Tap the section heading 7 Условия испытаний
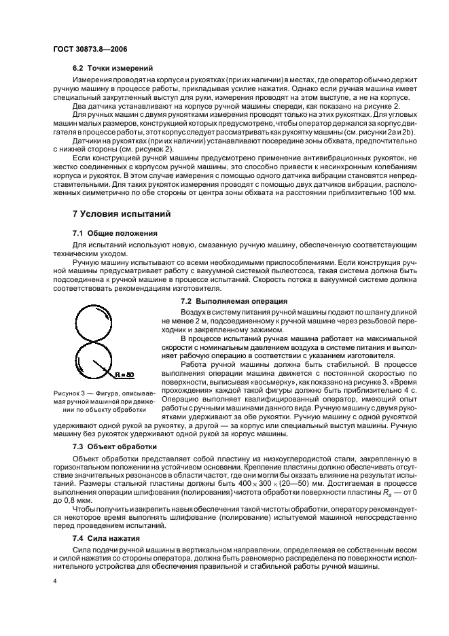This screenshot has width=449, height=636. (122, 213)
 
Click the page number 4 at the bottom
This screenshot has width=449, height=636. (55, 581)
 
